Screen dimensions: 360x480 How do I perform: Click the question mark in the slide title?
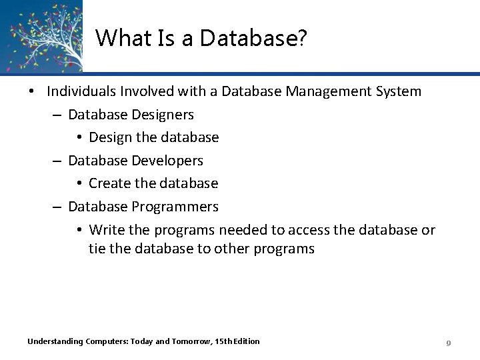tap(303, 39)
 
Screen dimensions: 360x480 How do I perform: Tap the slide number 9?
tap(449, 343)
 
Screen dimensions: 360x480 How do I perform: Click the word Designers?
tap(164, 115)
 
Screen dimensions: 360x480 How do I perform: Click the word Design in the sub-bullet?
tap(108, 137)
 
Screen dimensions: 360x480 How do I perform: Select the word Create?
tap(108, 183)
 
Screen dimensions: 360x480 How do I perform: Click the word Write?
tap(104, 230)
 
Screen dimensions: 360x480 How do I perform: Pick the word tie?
tap(97, 249)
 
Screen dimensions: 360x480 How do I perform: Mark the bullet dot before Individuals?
tap(32, 91)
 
